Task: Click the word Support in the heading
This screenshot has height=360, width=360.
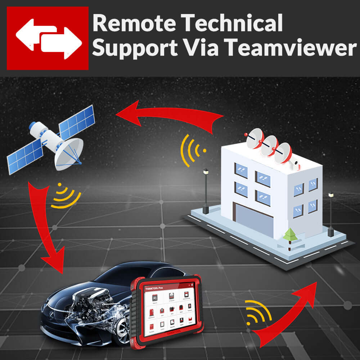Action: pos(135,48)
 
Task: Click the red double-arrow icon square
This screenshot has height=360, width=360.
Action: pos(48,38)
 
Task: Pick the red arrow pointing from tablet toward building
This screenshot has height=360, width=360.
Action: pos(288,317)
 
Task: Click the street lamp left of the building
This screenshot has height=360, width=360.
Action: pos(206,191)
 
